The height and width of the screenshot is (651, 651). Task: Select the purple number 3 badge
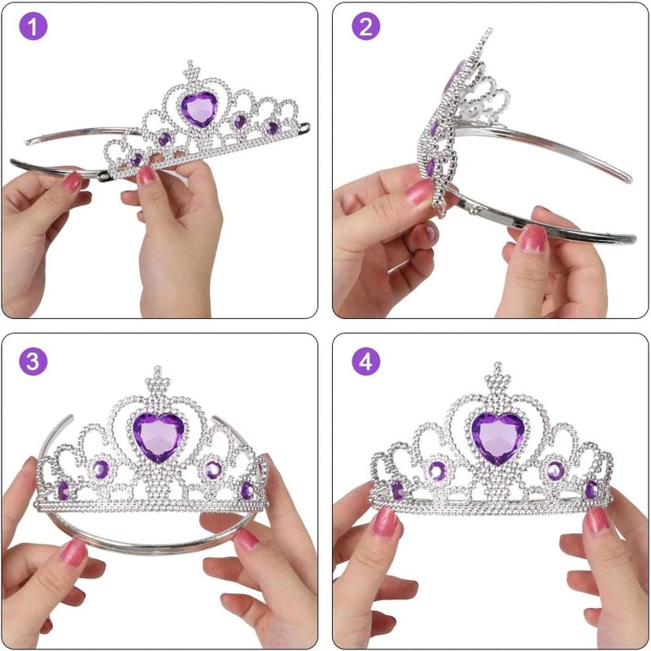point(33,362)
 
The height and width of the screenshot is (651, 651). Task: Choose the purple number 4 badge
point(365,362)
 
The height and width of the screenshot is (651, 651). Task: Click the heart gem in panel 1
point(198,109)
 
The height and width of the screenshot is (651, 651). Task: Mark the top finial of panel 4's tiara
point(496,375)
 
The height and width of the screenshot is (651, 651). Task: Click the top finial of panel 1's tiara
point(191,66)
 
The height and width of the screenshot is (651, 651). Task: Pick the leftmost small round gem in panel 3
point(63,491)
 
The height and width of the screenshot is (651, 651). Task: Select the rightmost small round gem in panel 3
point(247,490)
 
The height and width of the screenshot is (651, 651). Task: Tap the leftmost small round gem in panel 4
point(398,490)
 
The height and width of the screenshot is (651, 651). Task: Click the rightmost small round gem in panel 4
point(592,489)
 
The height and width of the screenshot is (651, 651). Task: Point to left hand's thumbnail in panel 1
point(73,181)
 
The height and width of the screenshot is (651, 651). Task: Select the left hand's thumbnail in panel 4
point(389,522)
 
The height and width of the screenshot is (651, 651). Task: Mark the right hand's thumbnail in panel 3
point(247,540)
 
